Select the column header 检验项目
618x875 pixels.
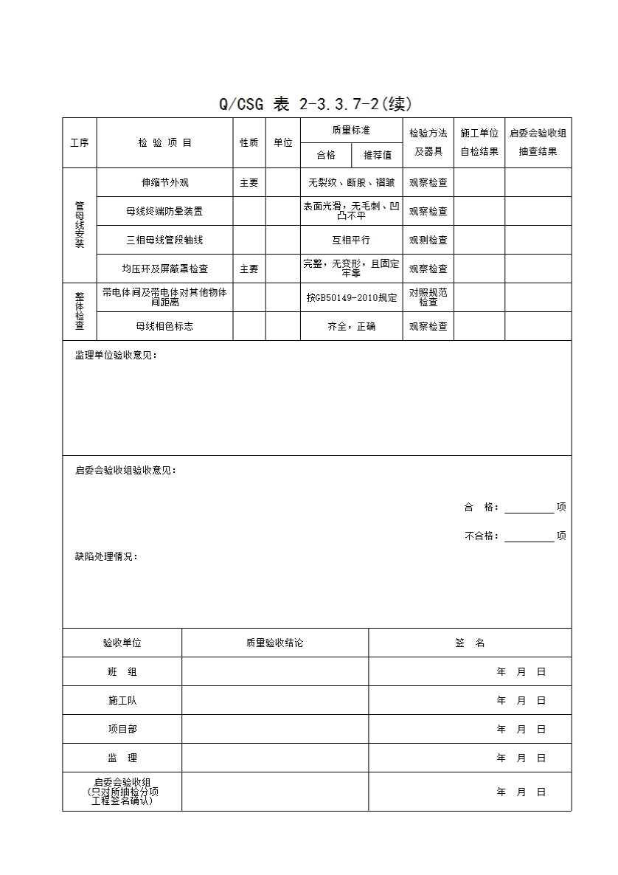coord(164,142)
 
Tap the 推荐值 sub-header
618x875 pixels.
coord(377,155)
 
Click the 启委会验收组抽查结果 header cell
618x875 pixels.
coord(538,142)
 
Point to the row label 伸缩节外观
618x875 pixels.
coord(164,182)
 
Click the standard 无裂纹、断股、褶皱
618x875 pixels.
coord(351,182)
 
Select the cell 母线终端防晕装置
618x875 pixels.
coord(164,211)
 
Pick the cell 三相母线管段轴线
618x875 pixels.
coord(164,240)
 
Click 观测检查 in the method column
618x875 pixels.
coord(428,240)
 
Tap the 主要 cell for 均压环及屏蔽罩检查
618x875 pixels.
coord(249,269)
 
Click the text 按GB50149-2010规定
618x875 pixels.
coord(351,297)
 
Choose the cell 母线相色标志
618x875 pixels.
coord(164,326)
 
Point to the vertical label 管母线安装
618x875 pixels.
coord(80,225)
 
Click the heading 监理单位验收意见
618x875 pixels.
coord(116,356)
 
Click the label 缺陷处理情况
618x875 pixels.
coord(106,556)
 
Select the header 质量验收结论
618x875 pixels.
coord(274,643)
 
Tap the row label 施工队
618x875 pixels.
coord(122,700)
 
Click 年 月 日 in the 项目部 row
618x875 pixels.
coord(521,729)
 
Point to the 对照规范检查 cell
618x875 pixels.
coord(428,297)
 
